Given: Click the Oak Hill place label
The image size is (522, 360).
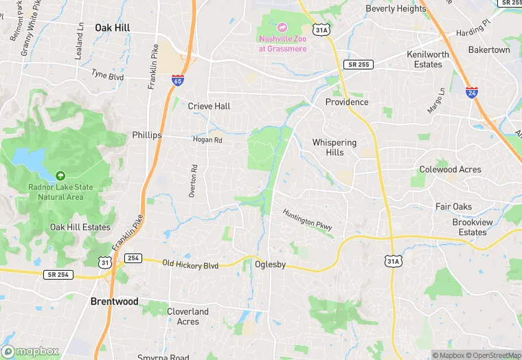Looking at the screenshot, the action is click(x=113, y=27).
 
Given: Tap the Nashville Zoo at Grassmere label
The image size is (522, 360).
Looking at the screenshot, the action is click(x=282, y=43).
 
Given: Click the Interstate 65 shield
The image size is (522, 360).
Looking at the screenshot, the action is click(x=178, y=81).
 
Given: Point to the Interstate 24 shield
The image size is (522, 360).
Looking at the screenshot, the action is click(x=471, y=93).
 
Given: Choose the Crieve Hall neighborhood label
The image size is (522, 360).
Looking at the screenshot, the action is click(x=209, y=106).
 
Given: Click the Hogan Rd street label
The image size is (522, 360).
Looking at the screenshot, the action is click(x=207, y=139).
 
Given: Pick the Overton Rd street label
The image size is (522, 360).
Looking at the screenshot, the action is click(x=194, y=181).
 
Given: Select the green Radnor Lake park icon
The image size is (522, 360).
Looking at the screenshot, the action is click(x=60, y=177).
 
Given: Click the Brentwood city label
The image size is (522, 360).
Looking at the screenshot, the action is click(x=115, y=302).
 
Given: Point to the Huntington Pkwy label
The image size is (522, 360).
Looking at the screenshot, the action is click(x=308, y=218).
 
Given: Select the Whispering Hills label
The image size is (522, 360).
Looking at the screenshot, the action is click(x=334, y=147).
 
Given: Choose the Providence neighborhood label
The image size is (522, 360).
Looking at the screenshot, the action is click(x=347, y=102).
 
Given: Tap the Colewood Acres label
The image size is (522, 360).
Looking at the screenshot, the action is click(x=451, y=170).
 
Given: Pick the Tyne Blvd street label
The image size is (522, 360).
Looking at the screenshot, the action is click(x=108, y=74).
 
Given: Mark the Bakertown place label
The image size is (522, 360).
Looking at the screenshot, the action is click(x=489, y=50).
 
